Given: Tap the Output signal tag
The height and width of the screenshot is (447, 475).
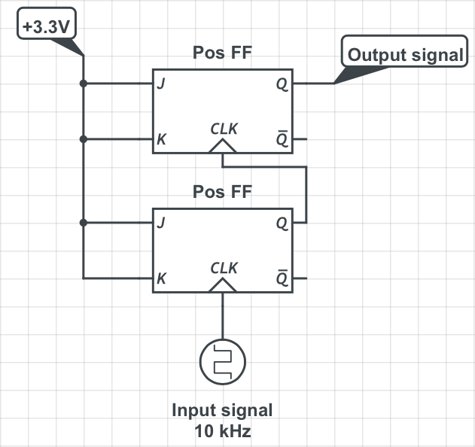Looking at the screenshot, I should pos(406,55).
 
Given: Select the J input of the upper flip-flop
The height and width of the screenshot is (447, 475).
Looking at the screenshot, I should pos(160,84).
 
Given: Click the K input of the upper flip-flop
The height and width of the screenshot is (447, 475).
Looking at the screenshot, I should pos(161,139).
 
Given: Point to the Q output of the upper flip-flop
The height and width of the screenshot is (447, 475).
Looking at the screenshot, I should pos(282,84).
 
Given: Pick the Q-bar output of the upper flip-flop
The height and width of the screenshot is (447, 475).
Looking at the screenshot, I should pos(282,139).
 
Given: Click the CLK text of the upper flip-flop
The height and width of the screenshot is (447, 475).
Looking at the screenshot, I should pos(224,129).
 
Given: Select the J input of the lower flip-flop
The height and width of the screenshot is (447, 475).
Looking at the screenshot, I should pos(160,223).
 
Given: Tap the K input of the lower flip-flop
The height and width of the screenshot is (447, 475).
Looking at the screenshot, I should pos(161,278).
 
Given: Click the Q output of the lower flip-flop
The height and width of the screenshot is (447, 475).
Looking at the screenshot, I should pos(282,223).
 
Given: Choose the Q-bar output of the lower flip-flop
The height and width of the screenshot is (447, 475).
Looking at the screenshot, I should pos(282,278).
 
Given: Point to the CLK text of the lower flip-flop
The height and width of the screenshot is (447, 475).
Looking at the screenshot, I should pos(224,268).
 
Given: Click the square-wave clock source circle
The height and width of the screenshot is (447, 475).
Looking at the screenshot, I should pos(224,361).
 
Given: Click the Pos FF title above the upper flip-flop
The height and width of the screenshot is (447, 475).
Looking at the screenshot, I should pos(222,53).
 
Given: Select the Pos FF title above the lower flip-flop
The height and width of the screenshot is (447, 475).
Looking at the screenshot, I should pos(222,191).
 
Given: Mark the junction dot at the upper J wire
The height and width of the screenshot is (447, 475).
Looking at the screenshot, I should pos(84,84).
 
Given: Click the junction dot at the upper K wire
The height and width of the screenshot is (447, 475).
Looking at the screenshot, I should pos(84,139).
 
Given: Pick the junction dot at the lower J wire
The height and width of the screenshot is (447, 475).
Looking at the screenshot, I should pos(84,223).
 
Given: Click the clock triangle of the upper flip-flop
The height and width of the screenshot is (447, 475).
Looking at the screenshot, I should pos(224,147).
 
